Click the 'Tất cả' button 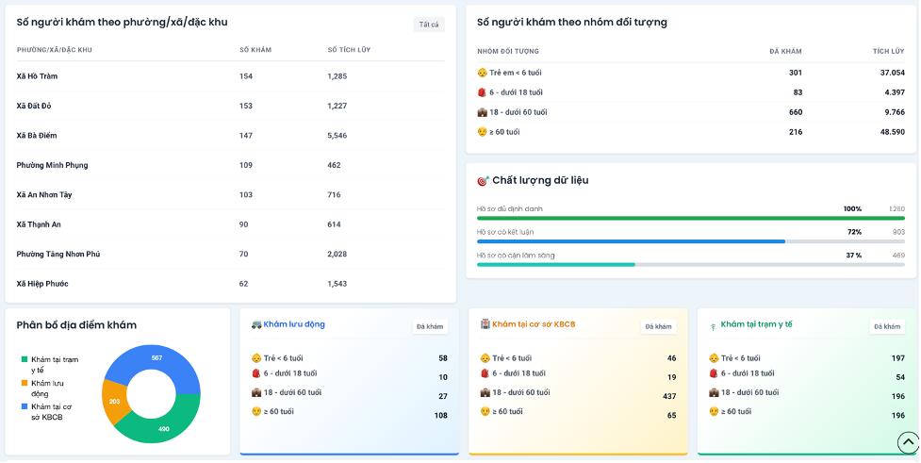pos(429,25)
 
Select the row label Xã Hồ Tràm pos(37,76)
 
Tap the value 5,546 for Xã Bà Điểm pos(337,136)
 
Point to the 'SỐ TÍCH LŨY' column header pos(349,50)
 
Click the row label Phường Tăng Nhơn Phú pos(58,255)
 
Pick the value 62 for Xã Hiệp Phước pos(244,284)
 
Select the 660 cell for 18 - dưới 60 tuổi pos(796,112)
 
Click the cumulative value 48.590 pos(892,132)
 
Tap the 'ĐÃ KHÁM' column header pos(785,51)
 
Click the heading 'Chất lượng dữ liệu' pos(540,180)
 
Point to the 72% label pos(854,232)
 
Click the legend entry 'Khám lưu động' pos(47,389)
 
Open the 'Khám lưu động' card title pos(294,324)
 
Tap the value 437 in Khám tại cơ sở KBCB pos(669,397)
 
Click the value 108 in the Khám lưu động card pos(440,416)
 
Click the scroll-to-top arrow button pos(908,442)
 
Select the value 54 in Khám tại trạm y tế pos(900,377)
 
